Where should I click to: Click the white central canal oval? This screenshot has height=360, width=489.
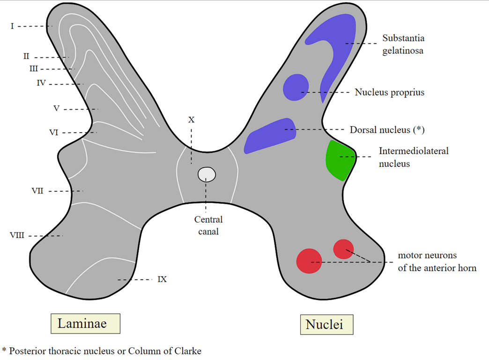(x=207, y=174)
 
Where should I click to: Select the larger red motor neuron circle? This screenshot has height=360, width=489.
(x=309, y=261)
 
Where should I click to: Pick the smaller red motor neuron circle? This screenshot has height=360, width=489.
(x=343, y=249)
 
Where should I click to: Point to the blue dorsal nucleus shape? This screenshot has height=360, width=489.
(x=271, y=136)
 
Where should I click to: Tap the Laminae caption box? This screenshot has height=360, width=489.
(x=85, y=323)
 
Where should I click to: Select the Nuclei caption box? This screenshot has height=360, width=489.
(x=326, y=324)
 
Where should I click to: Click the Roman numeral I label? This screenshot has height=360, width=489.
(x=12, y=26)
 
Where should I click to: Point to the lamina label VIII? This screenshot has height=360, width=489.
(x=17, y=235)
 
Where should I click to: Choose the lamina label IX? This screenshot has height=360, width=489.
(x=162, y=279)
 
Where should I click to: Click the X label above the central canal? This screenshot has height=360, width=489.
(x=191, y=120)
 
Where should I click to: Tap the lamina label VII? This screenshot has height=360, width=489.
(x=37, y=191)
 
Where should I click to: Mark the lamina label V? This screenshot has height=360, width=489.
(x=56, y=109)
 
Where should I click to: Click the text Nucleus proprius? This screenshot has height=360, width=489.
(x=389, y=92)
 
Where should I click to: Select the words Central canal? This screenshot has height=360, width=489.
(x=208, y=225)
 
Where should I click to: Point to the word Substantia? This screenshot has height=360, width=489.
(x=403, y=38)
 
